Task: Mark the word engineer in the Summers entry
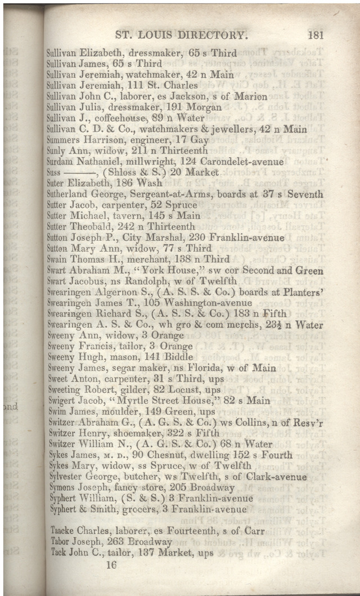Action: [140, 140]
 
